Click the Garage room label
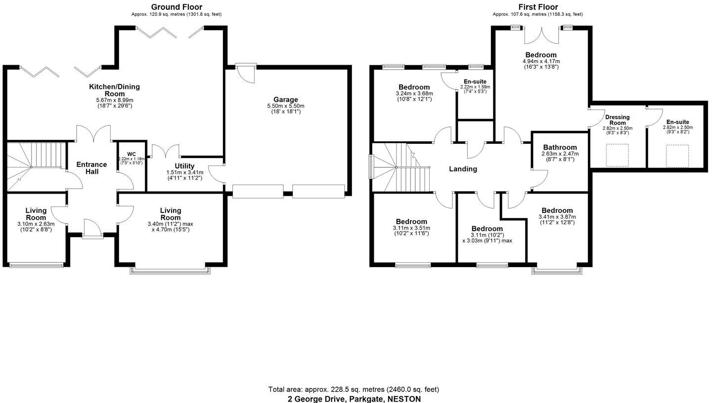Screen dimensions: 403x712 285,100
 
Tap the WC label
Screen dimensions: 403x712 131,154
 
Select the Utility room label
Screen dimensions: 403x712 184,166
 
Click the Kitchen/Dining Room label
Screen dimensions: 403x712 114,90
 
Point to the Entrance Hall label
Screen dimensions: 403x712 91,168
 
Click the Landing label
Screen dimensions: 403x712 463,169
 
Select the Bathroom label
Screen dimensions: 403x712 560,147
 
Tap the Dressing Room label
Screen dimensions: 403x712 618,120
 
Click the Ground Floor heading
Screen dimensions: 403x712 177,7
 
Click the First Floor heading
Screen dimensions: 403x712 538,7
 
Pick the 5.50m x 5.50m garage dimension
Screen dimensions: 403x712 285,106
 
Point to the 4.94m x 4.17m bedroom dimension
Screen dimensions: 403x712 541,61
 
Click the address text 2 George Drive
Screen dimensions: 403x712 354,399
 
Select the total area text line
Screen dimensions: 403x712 354,389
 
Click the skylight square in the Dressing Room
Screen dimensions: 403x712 617,155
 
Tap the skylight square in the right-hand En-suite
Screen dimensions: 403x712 677,156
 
